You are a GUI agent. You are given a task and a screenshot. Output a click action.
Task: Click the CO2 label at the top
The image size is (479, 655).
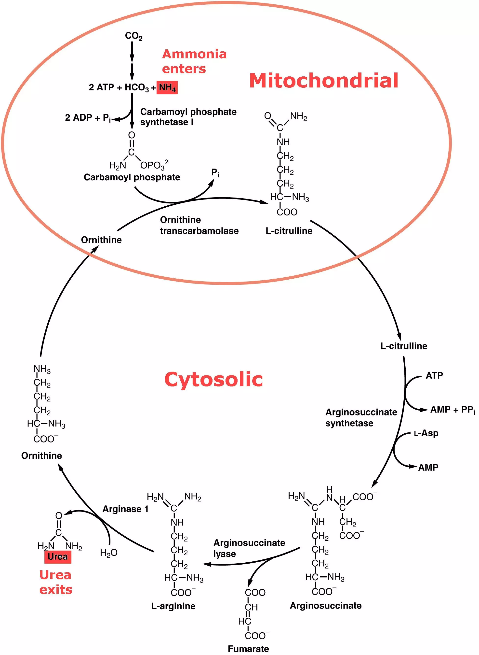134,36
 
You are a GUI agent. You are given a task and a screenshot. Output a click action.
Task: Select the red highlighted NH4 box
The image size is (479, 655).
167,87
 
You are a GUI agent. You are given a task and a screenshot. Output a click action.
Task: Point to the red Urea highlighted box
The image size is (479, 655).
58,556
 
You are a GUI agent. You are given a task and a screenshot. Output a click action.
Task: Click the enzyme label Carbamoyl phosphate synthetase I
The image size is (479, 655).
188,117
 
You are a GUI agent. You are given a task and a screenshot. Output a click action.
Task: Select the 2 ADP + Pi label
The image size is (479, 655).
88,118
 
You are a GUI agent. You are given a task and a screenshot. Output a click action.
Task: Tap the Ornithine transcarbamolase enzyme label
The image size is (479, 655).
199,225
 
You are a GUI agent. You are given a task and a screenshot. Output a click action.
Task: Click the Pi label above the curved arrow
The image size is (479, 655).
215,173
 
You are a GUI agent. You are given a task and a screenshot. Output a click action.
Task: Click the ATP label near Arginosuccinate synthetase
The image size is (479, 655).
434,375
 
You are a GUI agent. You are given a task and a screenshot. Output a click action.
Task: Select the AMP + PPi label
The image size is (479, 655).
452,410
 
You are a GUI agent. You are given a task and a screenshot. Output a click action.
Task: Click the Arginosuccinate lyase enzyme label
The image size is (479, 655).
249,548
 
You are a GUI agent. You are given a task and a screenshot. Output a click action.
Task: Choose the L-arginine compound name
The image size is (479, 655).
173,606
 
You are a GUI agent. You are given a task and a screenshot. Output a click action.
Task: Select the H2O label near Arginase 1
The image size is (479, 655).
109,553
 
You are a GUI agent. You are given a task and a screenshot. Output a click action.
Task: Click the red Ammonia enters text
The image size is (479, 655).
194,61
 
